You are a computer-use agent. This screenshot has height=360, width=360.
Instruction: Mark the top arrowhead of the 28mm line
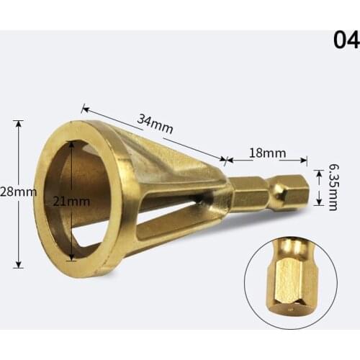pyautogui.click(x=19, y=123)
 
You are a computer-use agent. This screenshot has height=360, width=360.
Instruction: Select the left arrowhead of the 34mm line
pyautogui.click(x=85, y=109)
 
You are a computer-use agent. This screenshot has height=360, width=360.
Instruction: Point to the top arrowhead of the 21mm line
pyautogui.click(x=71, y=142)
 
